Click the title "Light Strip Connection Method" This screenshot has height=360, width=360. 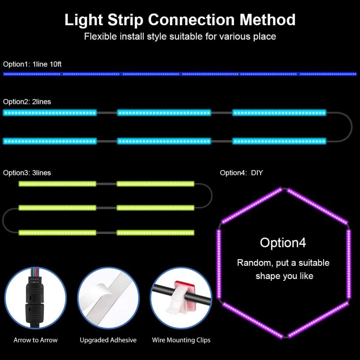pyautogui.click(x=180, y=20)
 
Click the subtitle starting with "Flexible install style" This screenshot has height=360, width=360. pyautogui.click(x=180, y=36)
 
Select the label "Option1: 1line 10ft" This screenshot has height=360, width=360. pyautogui.click(x=32, y=64)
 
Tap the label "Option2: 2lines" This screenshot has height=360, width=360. pyautogui.click(x=27, y=102)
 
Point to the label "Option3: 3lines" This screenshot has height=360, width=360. pyautogui.click(x=27, y=173)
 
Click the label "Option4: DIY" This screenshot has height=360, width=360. pyautogui.click(x=241, y=173)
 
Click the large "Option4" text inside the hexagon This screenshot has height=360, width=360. pyautogui.click(x=283, y=243)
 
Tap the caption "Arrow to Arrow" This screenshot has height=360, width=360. pyautogui.click(x=36, y=340)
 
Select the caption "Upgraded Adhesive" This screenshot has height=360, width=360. pyautogui.click(x=108, y=340)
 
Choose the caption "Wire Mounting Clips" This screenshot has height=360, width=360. pyautogui.click(x=181, y=340)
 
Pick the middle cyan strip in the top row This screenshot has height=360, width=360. pyautogui.click(x=164, y=112)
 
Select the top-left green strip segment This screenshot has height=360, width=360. pyautogui.click(x=58, y=184)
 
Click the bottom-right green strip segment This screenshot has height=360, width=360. pyautogui.click(x=155, y=233)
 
